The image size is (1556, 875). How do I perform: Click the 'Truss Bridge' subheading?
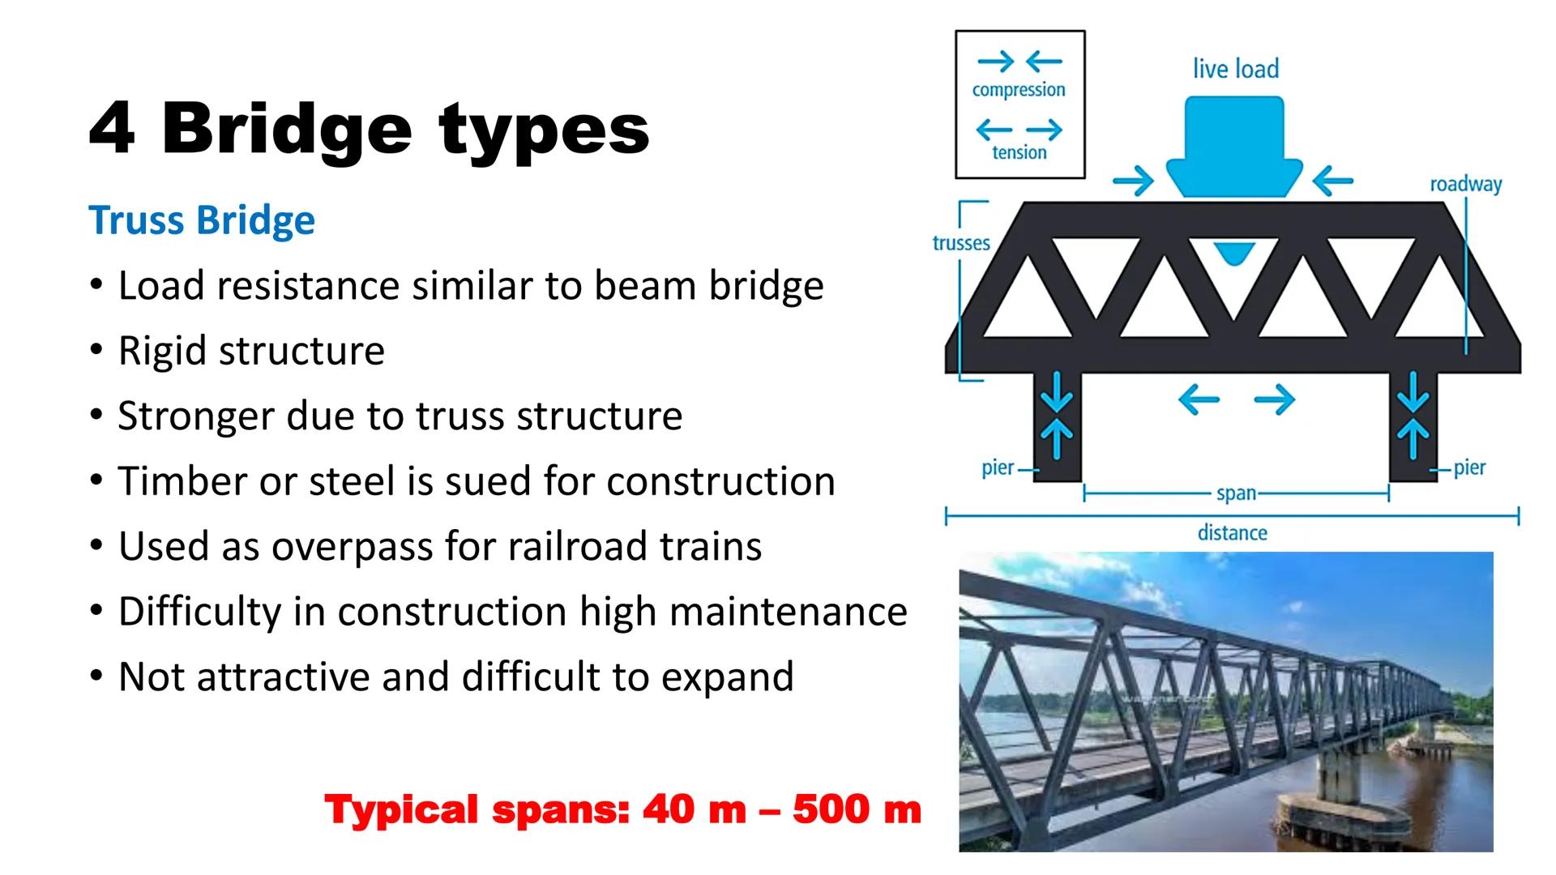(202, 220)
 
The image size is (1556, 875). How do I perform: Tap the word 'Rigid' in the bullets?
(162, 351)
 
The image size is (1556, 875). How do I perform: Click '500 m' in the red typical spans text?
(857, 809)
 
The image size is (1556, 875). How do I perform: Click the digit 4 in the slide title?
(112, 130)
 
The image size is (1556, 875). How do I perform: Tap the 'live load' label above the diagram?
(1235, 69)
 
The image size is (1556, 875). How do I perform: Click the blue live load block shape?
(1234, 146)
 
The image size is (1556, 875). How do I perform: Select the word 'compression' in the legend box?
(1019, 90)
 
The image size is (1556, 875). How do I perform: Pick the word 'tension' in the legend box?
(1020, 152)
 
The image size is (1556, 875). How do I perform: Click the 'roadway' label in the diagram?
(1465, 185)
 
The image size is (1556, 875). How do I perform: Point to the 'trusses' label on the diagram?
(961, 243)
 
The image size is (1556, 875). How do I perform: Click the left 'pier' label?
(998, 468)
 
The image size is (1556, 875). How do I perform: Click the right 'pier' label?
(1469, 467)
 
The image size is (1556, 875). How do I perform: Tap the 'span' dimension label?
(1236, 493)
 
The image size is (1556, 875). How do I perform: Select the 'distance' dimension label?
(1233, 533)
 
